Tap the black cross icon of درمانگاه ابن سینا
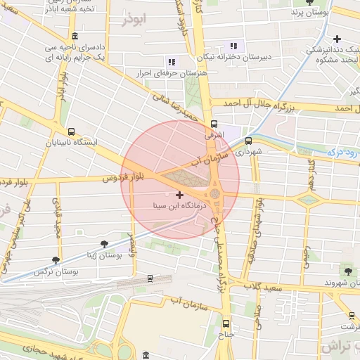(x=179, y=195)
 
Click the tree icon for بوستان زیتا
(x=105, y=244)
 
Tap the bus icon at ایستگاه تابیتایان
(x=70, y=131)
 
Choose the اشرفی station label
(x=213, y=132)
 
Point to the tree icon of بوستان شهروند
(x=347, y=271)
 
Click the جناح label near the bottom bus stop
(x=225, y=335)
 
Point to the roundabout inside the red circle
(x=215, y=193)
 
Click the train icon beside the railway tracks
(x=150, y=278)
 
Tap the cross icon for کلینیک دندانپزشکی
(x=337, y=39)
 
